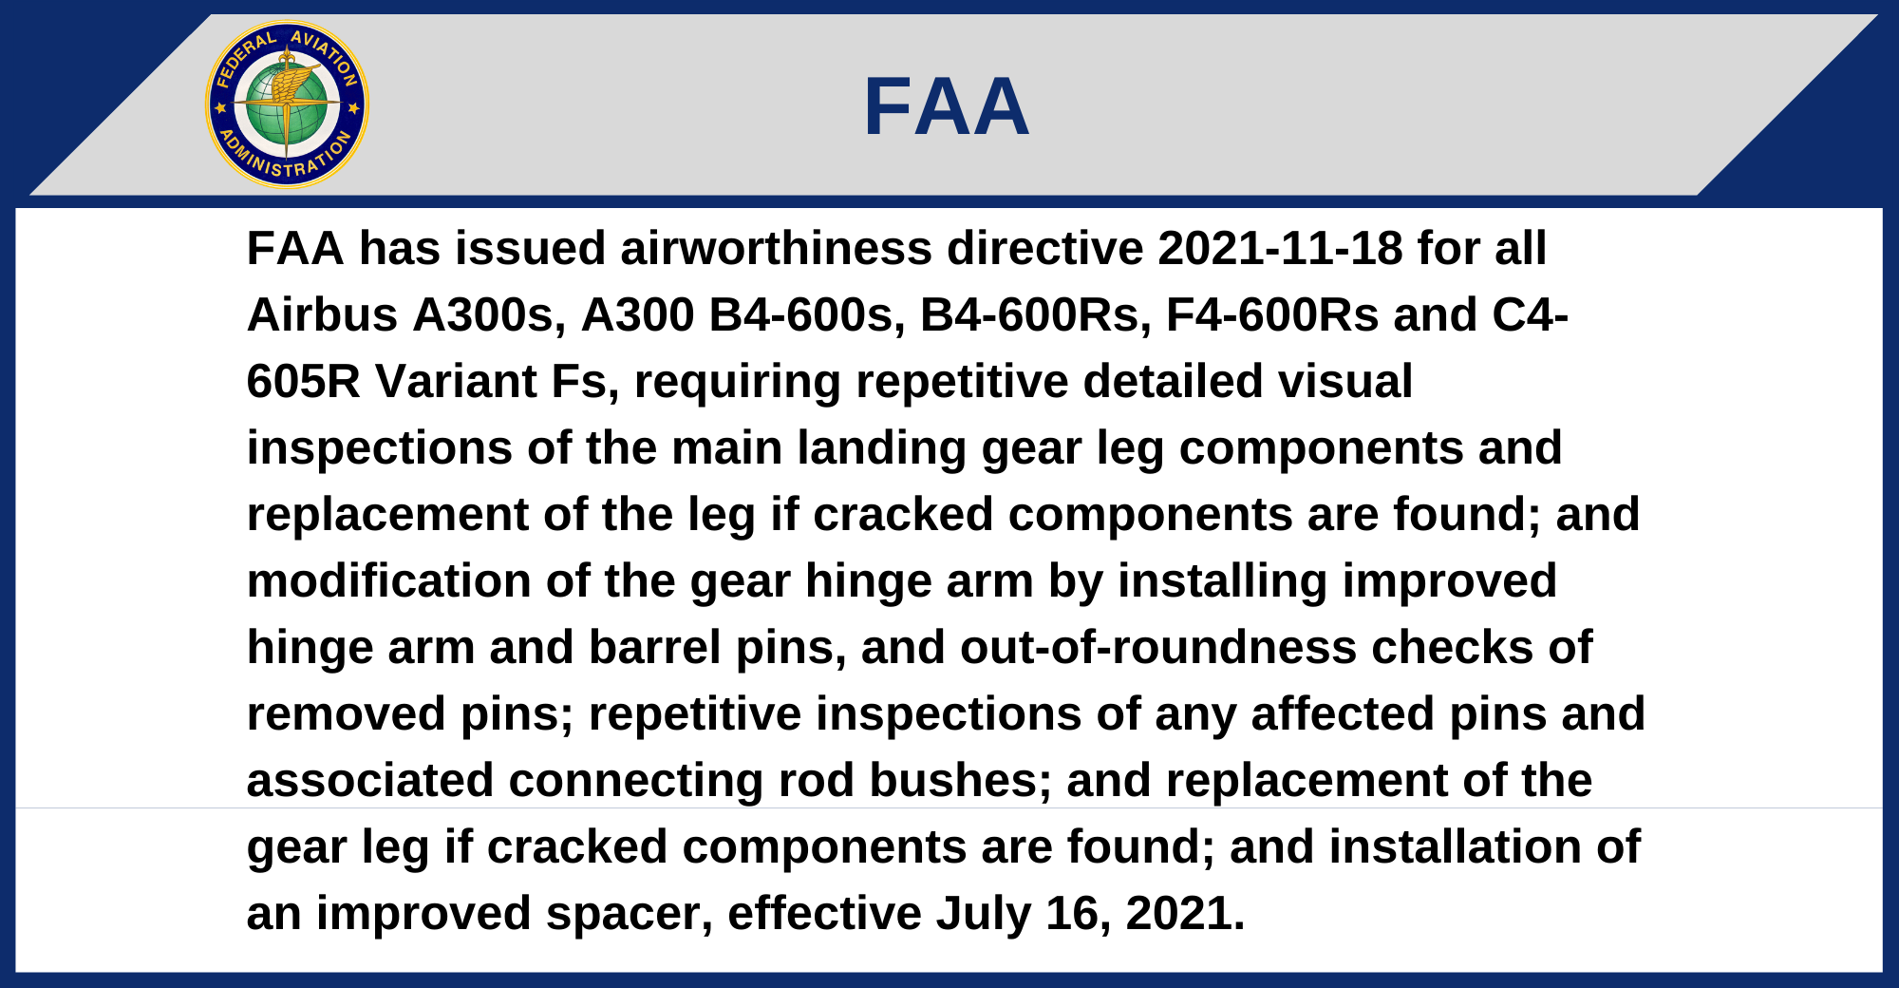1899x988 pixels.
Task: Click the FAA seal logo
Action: pos(287,104)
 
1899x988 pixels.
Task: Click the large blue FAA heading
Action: pos(947,106)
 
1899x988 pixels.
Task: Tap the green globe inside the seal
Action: pos(287,104)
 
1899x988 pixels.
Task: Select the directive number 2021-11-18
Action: pos(1280,248)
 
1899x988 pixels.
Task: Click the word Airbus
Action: pos(322,314)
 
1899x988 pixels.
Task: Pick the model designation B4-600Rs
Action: pos(1036,314)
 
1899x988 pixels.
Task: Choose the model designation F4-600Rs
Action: pos(1272,314)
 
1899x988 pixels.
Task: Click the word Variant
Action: pos(457,381)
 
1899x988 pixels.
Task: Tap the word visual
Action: pos(1345,381)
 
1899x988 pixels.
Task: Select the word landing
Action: pos(882,447)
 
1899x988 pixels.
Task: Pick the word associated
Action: pos(370,780)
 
